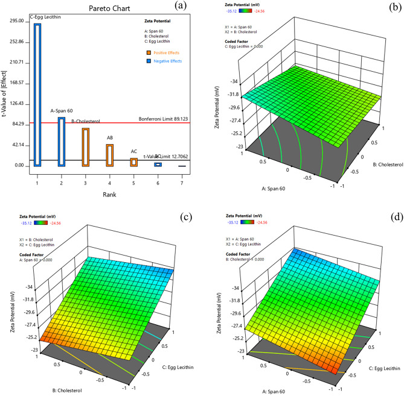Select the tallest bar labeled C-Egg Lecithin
[37, 93]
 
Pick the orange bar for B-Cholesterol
[85, 146]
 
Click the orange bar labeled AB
[109, 155]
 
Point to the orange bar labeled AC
[133, 162]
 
